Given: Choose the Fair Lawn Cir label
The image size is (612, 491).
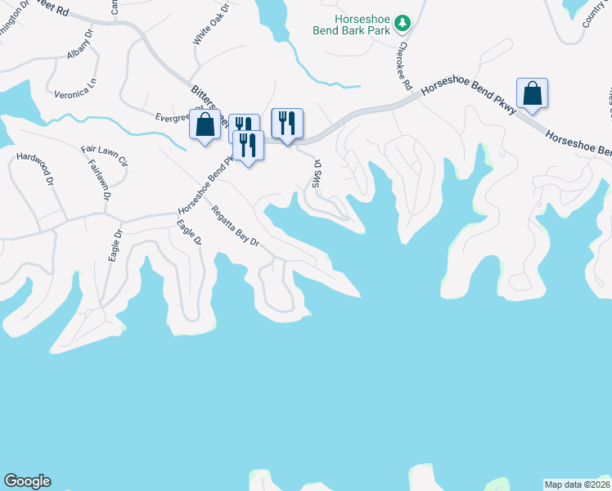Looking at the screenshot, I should coord(105,155).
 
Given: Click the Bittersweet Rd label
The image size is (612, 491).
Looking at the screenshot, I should coord(205,97).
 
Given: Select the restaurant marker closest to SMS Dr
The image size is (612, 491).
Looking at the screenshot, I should coord(287,124).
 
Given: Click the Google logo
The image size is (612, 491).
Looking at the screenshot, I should coord(27,481).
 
